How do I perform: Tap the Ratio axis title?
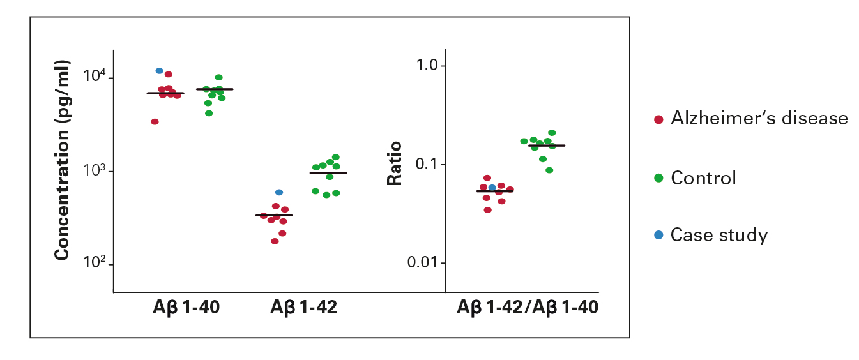coord(395,164)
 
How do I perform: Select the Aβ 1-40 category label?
coord(185,308)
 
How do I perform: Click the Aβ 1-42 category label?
coord(303,308)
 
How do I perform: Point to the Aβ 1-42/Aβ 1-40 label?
coord(527,308)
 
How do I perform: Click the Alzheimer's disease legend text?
coord(759,119)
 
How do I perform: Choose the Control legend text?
coord(703,177)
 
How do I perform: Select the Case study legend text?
coord(718,235)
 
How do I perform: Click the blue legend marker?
coord(658,236)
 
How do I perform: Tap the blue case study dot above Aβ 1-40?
coord(160,71)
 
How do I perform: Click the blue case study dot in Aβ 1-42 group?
coord(279,192)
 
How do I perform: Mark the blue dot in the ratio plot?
coord(492,188)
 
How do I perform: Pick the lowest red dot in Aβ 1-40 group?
coord(155,122)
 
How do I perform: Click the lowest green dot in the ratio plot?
coord(549,170)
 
